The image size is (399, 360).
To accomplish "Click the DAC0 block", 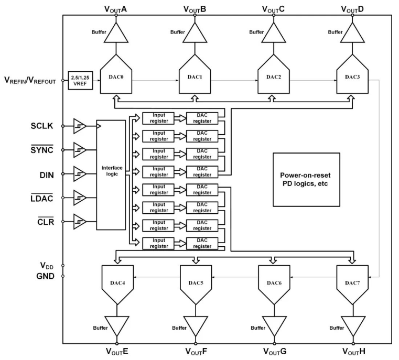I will coord(115,78).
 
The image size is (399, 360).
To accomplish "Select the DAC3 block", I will coord(351,78).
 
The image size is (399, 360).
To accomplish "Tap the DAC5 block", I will coord(195,281).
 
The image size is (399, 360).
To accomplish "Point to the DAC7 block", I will coord(351,281).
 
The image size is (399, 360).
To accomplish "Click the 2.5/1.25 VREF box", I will coord(80,80).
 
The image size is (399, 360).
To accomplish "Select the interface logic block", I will coord(111,174).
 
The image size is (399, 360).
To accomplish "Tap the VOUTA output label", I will coord(115,8).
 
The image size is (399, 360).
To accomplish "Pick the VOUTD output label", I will coord(351,8).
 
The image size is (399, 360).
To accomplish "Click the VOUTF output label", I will coord(195,351).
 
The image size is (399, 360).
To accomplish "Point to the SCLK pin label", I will coord(42,126).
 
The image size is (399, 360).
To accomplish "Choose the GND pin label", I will coord(45,276).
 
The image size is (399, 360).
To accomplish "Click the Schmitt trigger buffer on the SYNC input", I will coord(80,150).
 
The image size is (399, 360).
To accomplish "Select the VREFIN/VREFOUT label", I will coord(30,80).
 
